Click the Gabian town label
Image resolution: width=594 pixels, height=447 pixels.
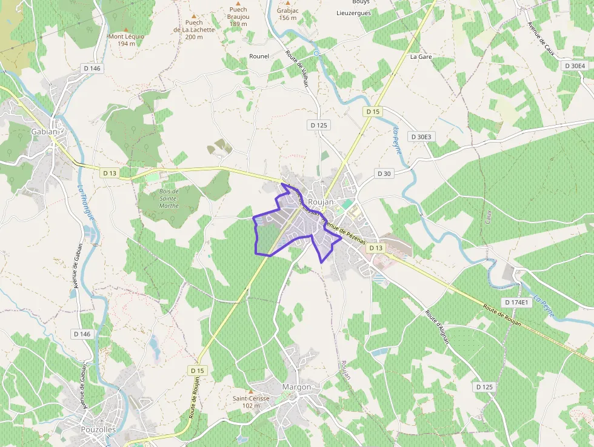pos(44,132)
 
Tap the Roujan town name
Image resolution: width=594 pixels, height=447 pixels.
pos(321,201)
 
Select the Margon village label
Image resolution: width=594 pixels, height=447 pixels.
pos(296,387)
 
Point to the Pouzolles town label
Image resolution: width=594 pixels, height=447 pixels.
pos(98,429)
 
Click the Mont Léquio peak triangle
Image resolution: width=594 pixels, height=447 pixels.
pos(126,29)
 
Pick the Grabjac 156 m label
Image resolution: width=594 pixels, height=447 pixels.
pos(287,14)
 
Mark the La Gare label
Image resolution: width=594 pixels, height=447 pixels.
pos(421,56)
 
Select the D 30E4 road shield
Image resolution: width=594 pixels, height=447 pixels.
pos(575,66)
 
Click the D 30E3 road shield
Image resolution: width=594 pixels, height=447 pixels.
pos(420,136)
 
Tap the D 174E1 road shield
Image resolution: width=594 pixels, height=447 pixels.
pos(516,302)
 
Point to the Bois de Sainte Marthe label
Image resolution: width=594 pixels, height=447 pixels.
pos(169,198)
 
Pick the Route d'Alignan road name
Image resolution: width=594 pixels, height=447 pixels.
pos(436,327)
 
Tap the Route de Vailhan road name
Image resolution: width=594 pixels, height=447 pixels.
pos(297,69)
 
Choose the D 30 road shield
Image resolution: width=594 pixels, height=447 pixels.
pos(384,173)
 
